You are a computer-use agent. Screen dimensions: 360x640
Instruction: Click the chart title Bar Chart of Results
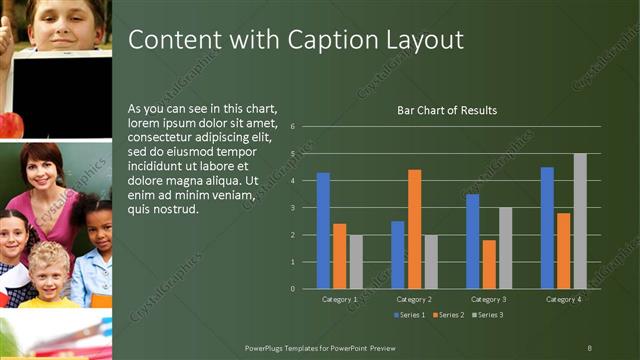point(447,110)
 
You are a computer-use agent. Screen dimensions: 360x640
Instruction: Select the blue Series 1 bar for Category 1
point(323,231)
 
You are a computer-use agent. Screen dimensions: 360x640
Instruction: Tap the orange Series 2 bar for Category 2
point(414,229)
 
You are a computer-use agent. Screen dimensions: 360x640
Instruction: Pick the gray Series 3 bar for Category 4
point(580,221)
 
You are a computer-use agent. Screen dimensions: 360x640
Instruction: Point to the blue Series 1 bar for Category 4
point(547,228)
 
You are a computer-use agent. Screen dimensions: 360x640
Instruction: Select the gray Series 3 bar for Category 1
point(356,262)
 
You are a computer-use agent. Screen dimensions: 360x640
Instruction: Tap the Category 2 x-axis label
point(414,299)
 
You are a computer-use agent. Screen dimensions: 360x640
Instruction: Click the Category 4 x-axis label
point(564,299)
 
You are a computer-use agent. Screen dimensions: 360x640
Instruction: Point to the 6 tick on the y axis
point(292,127)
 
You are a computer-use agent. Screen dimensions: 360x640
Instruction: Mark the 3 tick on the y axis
point(292,208)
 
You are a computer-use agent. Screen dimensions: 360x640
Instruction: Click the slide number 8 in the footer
point(590,347)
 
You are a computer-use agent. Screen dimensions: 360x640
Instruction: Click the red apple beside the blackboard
point(10,125)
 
